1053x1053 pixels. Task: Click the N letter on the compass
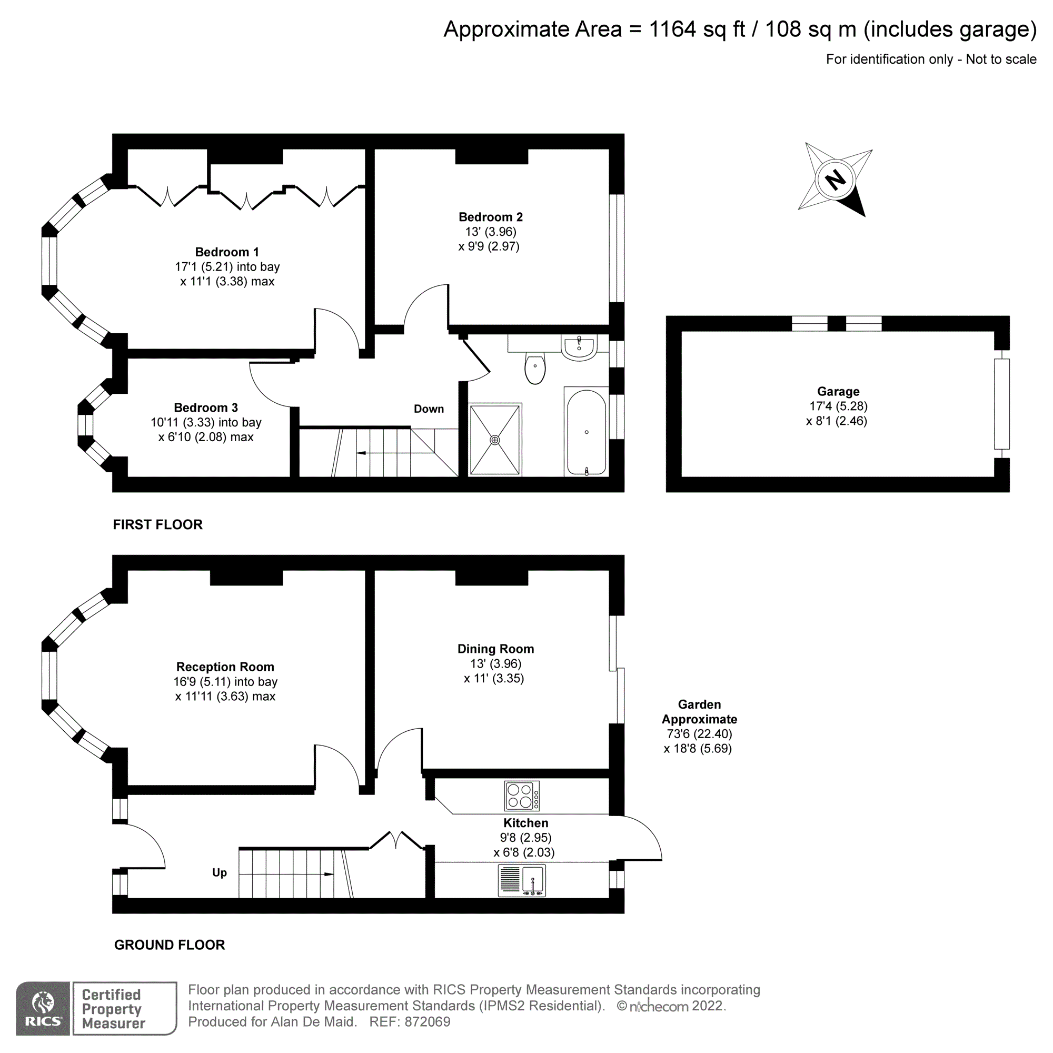pos(835,180)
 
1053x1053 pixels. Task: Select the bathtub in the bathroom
pos(587,432)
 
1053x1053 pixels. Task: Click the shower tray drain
pos(494,440)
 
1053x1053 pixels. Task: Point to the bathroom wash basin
pos(579,347)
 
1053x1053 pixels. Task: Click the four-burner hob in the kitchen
pos(522,796)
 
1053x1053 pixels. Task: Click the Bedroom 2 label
pos(491,217)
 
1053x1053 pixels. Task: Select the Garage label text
pos(838,391)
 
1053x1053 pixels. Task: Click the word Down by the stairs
pos(429,409)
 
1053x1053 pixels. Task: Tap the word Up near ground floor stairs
pos(219,872)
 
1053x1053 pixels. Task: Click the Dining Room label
pos(495,649)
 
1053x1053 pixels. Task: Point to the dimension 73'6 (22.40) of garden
pos(699,733)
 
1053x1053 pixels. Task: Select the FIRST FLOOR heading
pos(157,524)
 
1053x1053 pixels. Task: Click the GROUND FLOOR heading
pos(170,945)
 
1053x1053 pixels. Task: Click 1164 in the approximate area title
pos(672,29)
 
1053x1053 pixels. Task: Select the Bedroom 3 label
pos(205,408)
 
